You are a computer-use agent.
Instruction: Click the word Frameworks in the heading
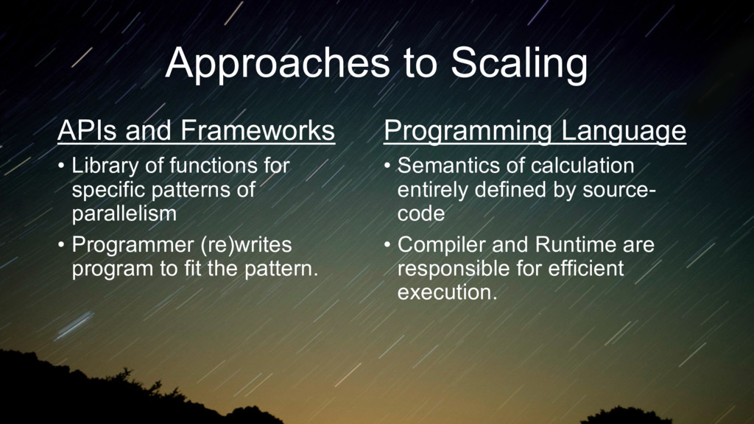point(257,130)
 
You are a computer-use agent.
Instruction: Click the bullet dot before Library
point(61,166)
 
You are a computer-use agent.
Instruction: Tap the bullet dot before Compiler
point(387,245)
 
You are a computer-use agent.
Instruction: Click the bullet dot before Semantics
point(387,166)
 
